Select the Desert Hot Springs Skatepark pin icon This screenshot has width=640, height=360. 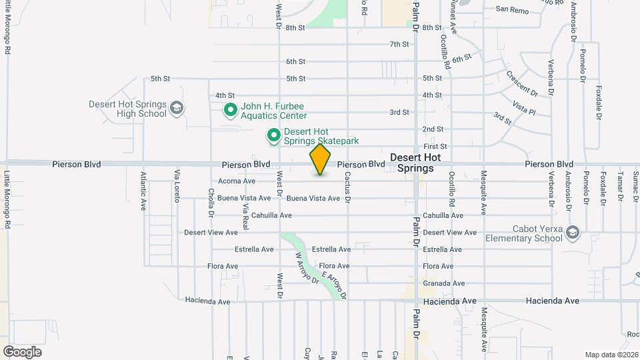click(x=273, y=136)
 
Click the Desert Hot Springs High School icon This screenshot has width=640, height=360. click(x=177, y=108)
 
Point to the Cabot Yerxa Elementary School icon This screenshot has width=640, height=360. click(x=573, y=233)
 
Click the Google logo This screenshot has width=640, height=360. click(x=22, y=351)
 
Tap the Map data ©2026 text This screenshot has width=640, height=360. click(x=611, y=355)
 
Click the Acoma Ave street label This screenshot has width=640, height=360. click(x=237, y=181)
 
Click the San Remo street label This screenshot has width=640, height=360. click(x=511, y=10)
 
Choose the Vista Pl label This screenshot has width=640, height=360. click(x=524, y=106)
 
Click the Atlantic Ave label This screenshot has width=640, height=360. click(x=143, y=191)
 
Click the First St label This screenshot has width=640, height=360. click(x=435, y=146)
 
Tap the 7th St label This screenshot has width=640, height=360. click(x=399, y=45)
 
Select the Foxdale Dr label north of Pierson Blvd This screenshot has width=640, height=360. click(x=599, y=105)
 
